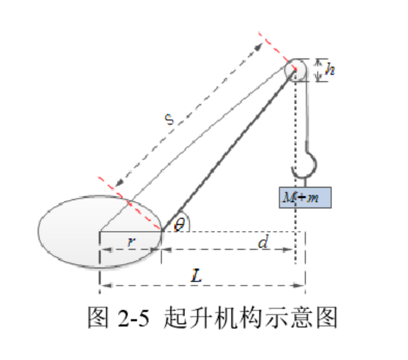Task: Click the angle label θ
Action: click(x=179, y=224)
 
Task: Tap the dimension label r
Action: click(x=131, y=242)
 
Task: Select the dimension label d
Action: click(x=263, y=241)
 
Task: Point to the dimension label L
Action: click(x=197, y=276)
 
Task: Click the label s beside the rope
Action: click(x=169, y=119)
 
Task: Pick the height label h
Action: click(x=330, y=69)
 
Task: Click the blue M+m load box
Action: click(x=305, y=197)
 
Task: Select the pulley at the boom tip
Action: click(x=295, y=70)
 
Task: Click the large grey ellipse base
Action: click(x=100, y=231)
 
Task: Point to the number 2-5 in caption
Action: click(x=134, y=318)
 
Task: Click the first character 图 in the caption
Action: click(x=98, y=317)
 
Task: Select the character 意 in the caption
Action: click(x=302, y=317)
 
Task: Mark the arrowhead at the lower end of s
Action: click(x=119, y=183)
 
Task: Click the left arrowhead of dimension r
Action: click(x=106, y=250)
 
